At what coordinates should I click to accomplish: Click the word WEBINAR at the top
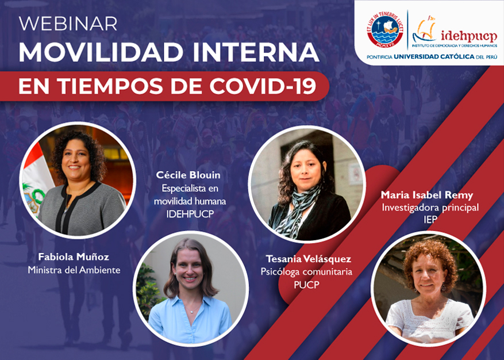pyautogui.click(x=68, y=24)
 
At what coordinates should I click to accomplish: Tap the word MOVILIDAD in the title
pyautogui.click(x=101, y=52)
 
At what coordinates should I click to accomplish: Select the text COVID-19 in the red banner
pyautogui.click(x=263, y=86)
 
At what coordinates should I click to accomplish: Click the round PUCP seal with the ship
pyautogui.click(x=384, y=29)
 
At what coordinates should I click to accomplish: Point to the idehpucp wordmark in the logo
pyautogui.click(x=469, y=36)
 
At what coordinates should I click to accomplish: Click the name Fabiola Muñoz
pyautogui.click(x=74, y=256)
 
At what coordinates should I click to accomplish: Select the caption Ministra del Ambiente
pyautogui.click(x=74, y=270)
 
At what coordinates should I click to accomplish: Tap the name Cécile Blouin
pyautogui.click(x=188, y=175)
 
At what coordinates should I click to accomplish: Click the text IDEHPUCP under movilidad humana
pyautogui.click(x=190, y=215)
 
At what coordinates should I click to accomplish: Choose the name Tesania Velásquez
pyautogui.click(x=308, y=259)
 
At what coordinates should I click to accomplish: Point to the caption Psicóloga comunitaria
pyautogui.click(x=306, y=272)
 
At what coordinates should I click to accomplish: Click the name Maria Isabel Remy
pyautogui.click(x=427, y=195)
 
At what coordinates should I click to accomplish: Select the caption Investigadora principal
pyautogui.click(x=430, y=208)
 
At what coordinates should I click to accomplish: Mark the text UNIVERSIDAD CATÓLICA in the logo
pyautogui.click(x=434, y=57)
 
